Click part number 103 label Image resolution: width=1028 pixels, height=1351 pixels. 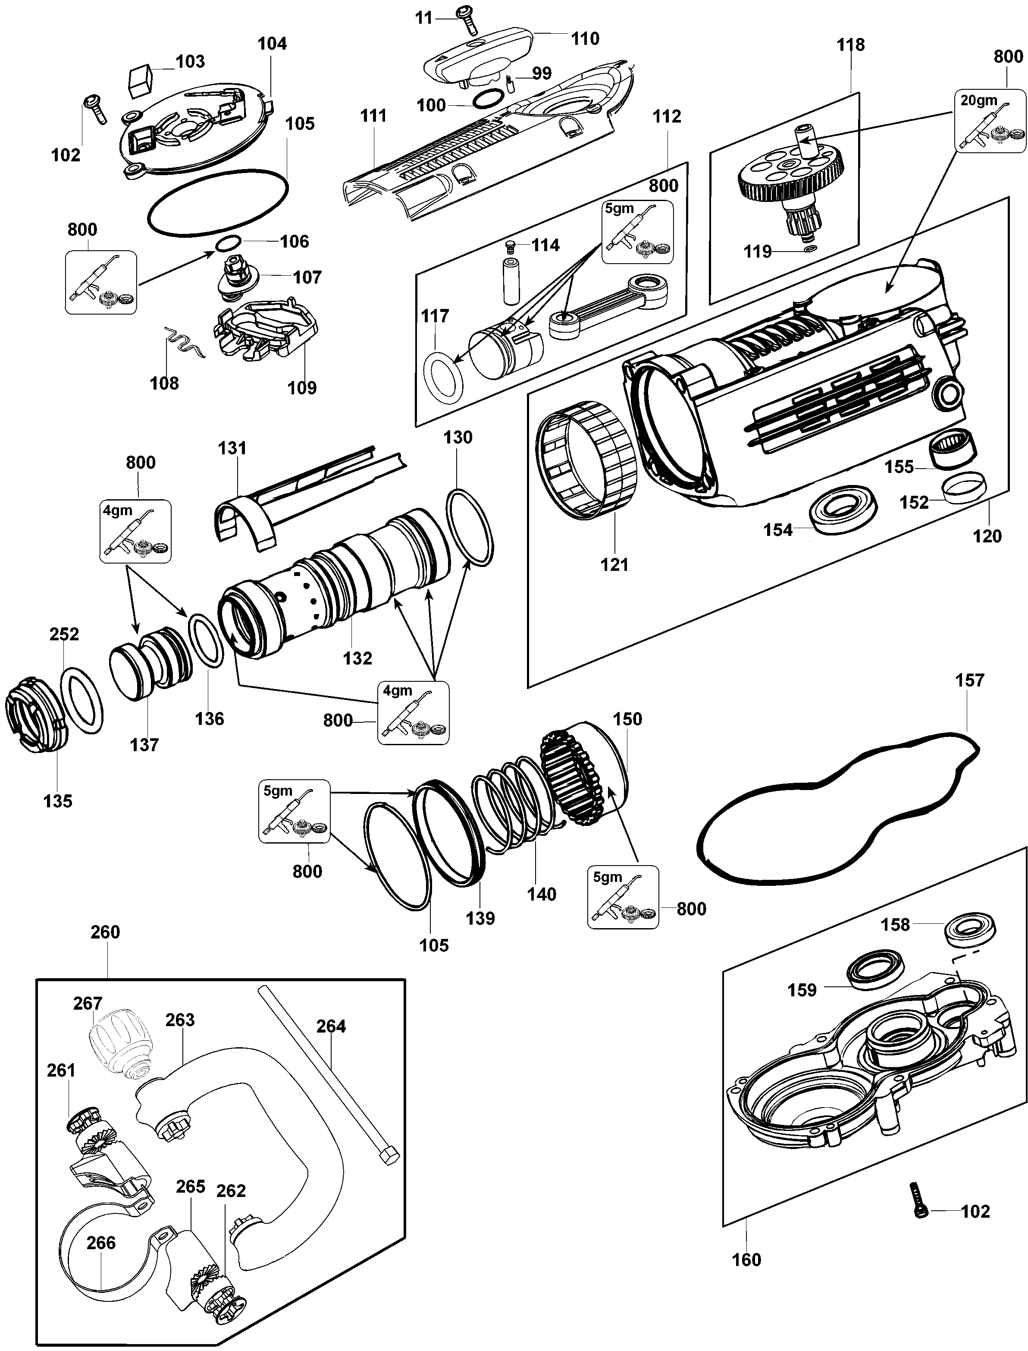point(190,61)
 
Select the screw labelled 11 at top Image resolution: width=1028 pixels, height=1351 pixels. point(467,19)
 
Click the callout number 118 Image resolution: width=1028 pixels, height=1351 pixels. point(850,45)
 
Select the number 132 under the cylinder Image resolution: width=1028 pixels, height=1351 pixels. point(357,658)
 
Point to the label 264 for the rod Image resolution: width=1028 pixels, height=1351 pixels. point(331,1026)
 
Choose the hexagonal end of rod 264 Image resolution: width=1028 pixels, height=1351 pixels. point(390,1155)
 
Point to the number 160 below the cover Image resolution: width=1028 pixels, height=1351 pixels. point(746,1260)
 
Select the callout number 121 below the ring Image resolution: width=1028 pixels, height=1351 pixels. point(614,564)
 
